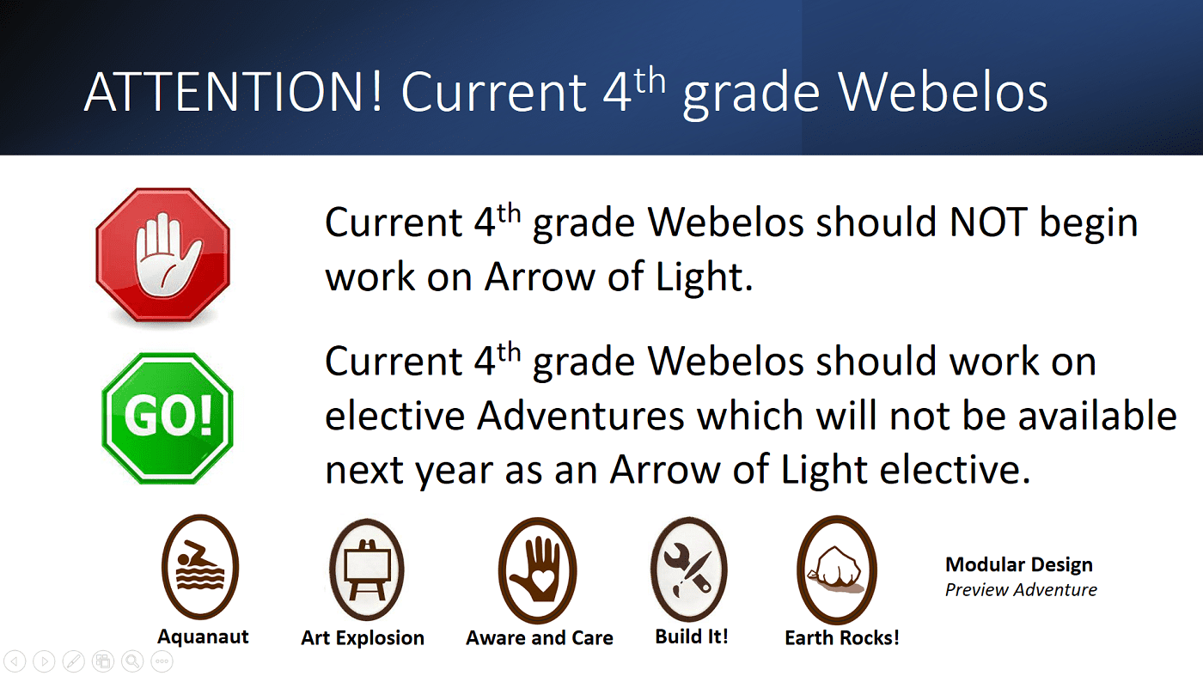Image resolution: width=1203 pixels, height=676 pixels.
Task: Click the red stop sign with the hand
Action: pyautogui.click(x=162, y=255)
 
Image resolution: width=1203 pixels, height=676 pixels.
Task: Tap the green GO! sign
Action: pyautogui.click(x=167, y=418)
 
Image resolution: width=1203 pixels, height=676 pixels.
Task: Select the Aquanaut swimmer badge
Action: pyautogui.click(x=200, y=567)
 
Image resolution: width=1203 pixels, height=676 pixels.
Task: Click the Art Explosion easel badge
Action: pyautogui.click(x=366, y=569)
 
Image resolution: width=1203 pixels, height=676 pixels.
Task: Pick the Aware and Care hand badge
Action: pyautogui.click(x=538, y=570)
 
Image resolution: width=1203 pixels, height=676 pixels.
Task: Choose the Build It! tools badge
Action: pyautogui.click(x=689, y=569)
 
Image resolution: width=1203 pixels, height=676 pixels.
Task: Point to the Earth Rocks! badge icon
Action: pyautogui.click(x=837, y=569)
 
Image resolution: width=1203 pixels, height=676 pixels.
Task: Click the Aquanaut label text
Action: pyautogui.click(x=203, y=636)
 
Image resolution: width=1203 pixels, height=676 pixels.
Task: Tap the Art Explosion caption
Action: pyautogui.click(x=363, y=638)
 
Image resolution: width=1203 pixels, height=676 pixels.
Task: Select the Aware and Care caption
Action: pyautogui.click(x=540, y=638)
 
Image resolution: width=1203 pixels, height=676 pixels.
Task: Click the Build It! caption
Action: pyautogui.click(x=691, y=636)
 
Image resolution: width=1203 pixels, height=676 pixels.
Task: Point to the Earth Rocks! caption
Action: pyautogui.click(x=841, y=638)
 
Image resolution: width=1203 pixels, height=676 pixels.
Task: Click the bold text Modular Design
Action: pyautogui.click(x=1019, y=565)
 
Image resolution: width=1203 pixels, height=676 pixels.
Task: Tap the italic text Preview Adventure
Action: pyautogui.click(x=1021, y=589)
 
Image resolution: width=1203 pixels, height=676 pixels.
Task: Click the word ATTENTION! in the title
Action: pyautogui.click(x=233, y=92)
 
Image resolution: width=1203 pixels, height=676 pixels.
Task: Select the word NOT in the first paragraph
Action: pyautogui.click(x=988, y=222)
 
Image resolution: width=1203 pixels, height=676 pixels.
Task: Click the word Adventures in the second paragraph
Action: pyautogui.click(x=581, y=416)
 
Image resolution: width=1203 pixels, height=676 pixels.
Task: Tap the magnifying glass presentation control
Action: pyautogui.click(x=132, y=661)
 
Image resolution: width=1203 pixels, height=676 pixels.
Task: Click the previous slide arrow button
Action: pyautogui.click(x=15, y=661)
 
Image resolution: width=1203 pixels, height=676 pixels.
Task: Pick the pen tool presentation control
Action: pyautogui.click(x=74, y=661)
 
